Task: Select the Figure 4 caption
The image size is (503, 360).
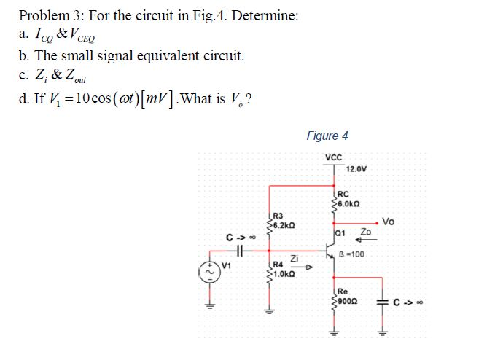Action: [x=327, y=136]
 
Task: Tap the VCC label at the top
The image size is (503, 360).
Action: [x=334, y=157]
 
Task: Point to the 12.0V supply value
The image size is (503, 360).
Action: [x=358, y=168]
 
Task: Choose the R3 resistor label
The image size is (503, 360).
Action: [x=278, y=215]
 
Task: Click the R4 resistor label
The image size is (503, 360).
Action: [x=278, y=265]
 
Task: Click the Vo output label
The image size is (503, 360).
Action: [x=389, y=221]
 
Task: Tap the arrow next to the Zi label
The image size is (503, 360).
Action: [x=306, y=267]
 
